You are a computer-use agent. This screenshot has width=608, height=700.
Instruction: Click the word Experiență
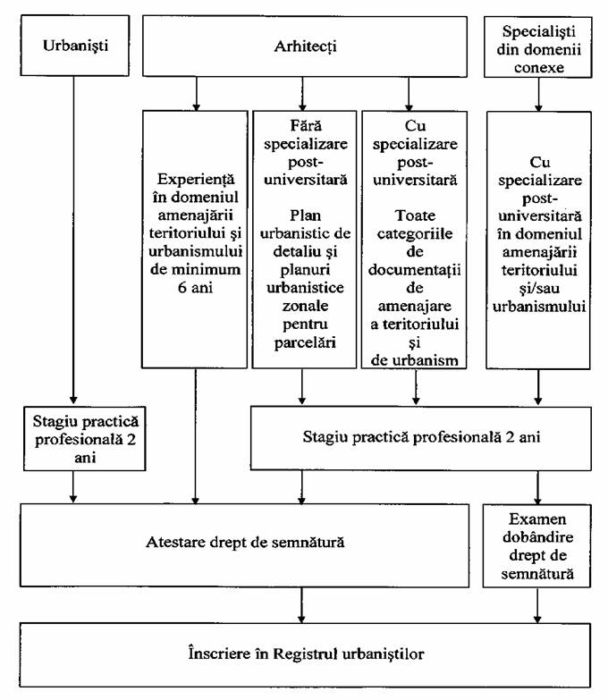click(x=196, y=180)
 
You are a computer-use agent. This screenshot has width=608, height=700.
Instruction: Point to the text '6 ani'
click(x=195, y=287)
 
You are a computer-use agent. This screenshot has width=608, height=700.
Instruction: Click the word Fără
click(x=306, y=125)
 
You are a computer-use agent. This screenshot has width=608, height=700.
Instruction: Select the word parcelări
click(x=305, y=342)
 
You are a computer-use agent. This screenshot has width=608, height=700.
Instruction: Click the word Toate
click(x=415, y=215)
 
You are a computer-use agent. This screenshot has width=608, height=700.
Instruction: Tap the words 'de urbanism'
click(x=414, y=360)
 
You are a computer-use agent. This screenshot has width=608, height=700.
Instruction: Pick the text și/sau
click(x=539, y=289)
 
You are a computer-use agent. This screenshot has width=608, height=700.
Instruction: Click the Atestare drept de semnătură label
click(x=245, y=543)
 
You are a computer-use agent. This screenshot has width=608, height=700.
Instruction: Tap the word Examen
click(x=537, y=519)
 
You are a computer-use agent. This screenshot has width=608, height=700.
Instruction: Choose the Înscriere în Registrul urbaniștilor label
click(x=306, y=654)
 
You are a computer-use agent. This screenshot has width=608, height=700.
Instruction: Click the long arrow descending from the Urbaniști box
click(x=73, y=240)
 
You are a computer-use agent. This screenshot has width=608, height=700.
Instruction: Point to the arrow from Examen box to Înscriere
click(x=537, y=605)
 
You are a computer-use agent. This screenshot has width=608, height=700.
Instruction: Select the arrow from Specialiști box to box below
click(x=538, y=95)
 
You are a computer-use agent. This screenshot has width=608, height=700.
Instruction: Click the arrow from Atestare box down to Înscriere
click(x=302, y=605)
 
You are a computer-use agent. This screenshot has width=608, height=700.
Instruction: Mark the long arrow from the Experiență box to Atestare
click(x=195, y=436)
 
